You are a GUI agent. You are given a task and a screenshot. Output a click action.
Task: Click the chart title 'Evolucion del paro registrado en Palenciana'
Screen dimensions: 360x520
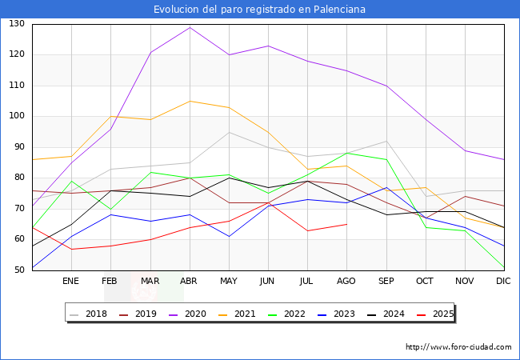[x=260, y=10]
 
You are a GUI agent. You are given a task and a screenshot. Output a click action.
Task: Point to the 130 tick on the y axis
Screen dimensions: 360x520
[x=17, y=24]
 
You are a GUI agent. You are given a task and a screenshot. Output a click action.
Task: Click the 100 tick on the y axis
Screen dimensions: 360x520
[x=17, y=116]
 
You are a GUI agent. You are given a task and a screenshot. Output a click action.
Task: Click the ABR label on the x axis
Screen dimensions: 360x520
[x=189, y=282]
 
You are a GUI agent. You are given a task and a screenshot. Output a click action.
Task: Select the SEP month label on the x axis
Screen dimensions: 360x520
[x=386, y=282]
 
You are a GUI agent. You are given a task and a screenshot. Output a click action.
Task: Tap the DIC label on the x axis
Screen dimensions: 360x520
[x=503, y=282]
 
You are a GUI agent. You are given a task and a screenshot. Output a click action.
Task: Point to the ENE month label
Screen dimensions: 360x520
[x=71, y=282]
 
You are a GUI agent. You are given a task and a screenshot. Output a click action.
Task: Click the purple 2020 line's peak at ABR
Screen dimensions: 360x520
[x=190, y=27]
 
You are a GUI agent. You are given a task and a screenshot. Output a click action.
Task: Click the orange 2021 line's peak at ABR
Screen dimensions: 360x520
[x=190, y=101]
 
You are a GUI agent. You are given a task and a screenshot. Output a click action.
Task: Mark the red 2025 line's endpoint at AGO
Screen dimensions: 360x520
[x=346, y=224]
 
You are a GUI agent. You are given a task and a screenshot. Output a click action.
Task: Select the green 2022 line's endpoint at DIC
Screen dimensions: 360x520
[x=504, y=267]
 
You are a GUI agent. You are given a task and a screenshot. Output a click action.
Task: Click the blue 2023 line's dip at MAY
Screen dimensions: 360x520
[x=229, y=236]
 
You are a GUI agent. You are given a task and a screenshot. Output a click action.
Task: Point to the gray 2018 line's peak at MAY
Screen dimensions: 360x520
[x=229, y=132]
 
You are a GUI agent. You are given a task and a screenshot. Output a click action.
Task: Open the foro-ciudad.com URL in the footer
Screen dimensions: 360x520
[x=458, y=347]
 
